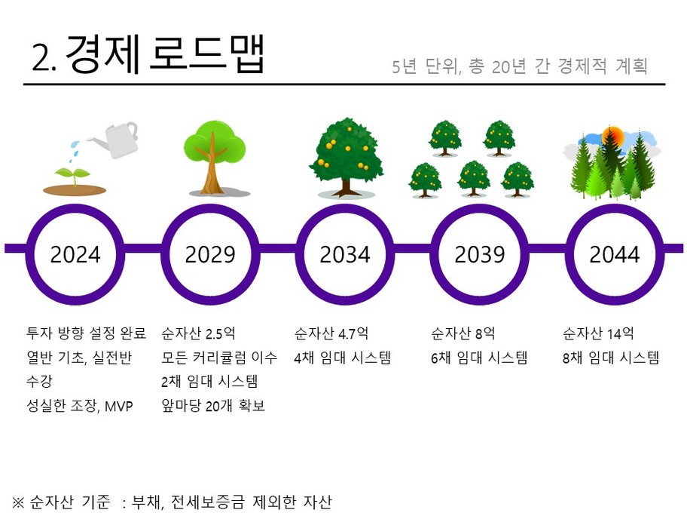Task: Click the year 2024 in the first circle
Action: pyautogui.click(x=75, y=254)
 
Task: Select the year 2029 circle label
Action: pyautogui.click(x=210, y=254)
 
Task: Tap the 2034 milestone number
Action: pyautogui.click(x=345, y=254)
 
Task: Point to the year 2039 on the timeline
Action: pyautogui.click(x=480, y=254)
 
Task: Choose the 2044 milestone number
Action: pyautogui.click(x=614, y=254)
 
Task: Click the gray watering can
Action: pyautogui.click(x=116, y=139)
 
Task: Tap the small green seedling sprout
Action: pyautogui.click(x=73, y=176)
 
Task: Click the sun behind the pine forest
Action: pyautogui.click(x=612, y=136)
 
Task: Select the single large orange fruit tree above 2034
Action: pyautogui.click(x=346, y=157)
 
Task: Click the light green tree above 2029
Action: pyautogui.click(x=214, y=157)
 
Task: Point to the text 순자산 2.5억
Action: pyautogui.click(x=198, y=333)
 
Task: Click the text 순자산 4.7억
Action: pyautogui.click(x=331, y=333)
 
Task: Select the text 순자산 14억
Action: pyautogui.click(x=598, y=333)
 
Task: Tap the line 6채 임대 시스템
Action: pyautogui.click(x=479, y=358)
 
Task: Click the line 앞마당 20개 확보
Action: pyautogui.click(x=213, y=405)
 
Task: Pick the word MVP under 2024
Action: pyautogui.click(x=119, y=407)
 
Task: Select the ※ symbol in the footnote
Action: pyautogui.click(x=18, y=502)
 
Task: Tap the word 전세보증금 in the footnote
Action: pyautogui.click(x=208, y=502)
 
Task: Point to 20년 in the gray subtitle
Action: pyautogui.click(x=508, y=66)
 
